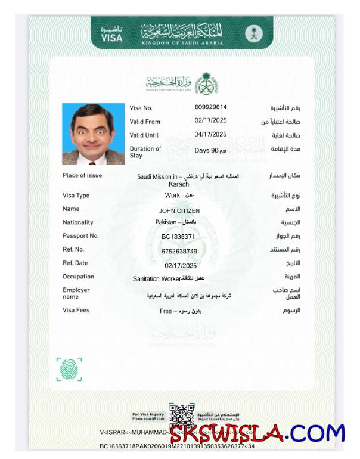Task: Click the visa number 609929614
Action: [210, 107]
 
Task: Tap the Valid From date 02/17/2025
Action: [211, 121]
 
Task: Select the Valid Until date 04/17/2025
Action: [211, 135]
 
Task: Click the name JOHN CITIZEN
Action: [179, 210]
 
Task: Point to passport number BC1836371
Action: [178, 237]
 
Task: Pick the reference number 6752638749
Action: [179, 251]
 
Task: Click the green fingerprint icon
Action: [69, 369]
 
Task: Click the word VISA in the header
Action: [111, 38]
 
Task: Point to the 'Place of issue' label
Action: [82, 175]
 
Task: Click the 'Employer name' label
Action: [76, 293]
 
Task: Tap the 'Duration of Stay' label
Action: [145, 152]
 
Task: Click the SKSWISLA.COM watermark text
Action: [257, 433]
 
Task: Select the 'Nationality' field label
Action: [78, 222]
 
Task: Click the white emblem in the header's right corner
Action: [253, 33]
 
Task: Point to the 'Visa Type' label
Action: [76, 195]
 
